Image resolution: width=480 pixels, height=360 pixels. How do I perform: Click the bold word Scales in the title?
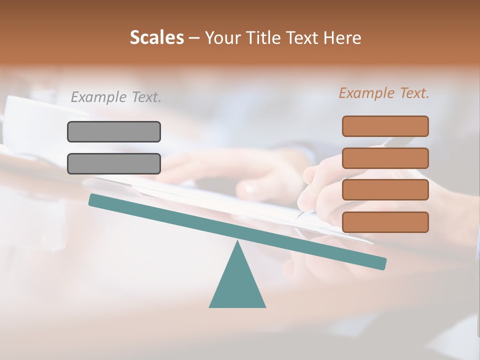click(156, 37)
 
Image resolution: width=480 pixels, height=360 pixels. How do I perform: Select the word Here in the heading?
click(342, 37)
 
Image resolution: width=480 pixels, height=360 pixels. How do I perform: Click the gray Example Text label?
click(116, 97)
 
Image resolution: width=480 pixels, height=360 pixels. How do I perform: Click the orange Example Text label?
click(384, 93)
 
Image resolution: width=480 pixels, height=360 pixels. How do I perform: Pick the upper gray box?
click(114, 131)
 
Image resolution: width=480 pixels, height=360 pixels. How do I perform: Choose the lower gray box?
click(114, 163)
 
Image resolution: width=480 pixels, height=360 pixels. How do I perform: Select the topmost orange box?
click(385, 126)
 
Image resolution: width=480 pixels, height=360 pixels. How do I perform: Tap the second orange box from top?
click(385, 158)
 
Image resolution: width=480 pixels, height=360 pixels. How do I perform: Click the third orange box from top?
click(385, 190)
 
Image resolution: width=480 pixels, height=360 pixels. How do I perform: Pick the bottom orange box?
click(385, 222)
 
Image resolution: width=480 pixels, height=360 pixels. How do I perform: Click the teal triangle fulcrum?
click(237, 285)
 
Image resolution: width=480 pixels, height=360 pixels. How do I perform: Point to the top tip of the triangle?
click(237, 242)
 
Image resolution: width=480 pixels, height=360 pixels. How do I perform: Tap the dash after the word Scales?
click(194, 38)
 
